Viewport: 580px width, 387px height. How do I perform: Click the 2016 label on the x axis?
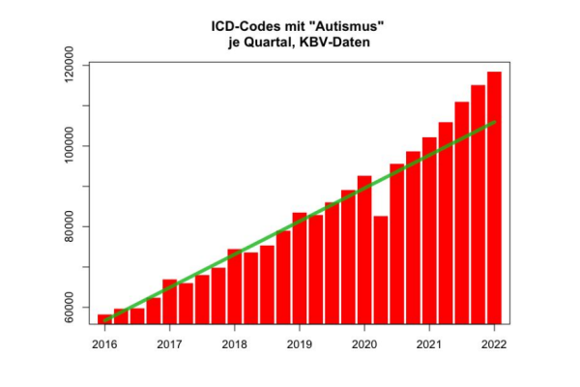pyautogui.click(x=104, y=343)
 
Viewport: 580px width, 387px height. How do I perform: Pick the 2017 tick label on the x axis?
pyautogui.click(x=169, y=343)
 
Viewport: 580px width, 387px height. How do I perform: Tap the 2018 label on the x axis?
pyautogui.click(x=234, y=343)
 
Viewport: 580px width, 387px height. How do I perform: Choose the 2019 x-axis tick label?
pyautogui.click(x=299, y=343)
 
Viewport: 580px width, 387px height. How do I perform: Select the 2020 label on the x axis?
pyautogui.click(x=363, y=343)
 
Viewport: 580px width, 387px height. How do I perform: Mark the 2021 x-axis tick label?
pyautogui.click(x=429, y=343)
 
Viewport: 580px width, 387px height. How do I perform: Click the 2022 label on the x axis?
pyautogui.click(x=494, y=343)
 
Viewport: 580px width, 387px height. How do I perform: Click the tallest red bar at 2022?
pyautogui.click(x=494, y=193)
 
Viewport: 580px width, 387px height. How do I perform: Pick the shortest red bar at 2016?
pyautogui.click(x=104, y=318)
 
